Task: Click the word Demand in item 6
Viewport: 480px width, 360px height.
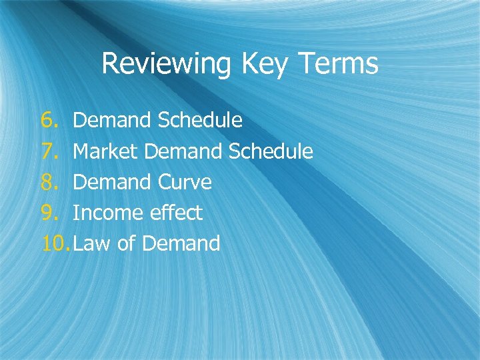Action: click(x=112, y=121)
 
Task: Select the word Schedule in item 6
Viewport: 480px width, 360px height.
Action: click(x=200, y=121)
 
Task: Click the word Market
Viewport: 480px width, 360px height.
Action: click(x=105, y=151)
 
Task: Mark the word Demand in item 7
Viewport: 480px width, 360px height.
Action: click(x=183, y=151)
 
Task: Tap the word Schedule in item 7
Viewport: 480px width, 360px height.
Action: click(x=271, y=151)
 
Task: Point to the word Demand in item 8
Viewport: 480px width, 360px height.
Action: click(x=112, y=182)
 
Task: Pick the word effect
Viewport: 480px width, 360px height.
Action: click(x=175, y=213)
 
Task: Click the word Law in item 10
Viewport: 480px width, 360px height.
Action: click(x=92, y=243)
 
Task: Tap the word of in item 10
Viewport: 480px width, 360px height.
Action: click(x=126, y=243)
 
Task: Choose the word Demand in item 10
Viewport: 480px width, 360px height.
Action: click(x=181, y=243)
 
